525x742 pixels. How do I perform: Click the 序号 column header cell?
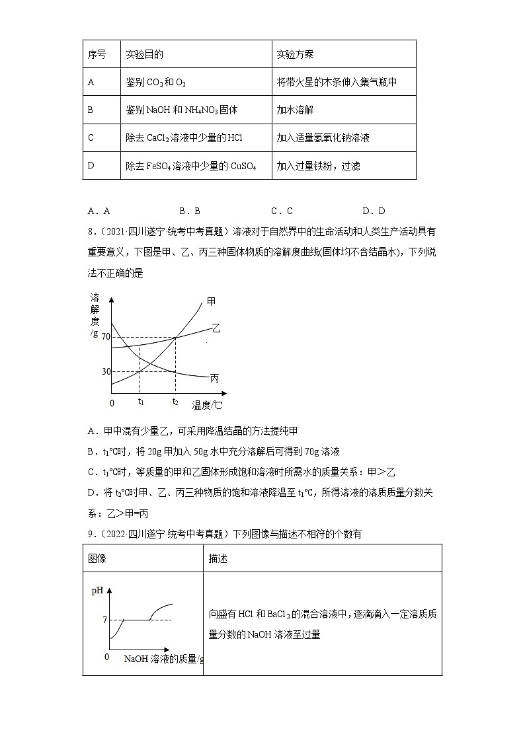97,54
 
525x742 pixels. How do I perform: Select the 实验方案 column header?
295,54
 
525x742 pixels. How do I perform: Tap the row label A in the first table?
91,83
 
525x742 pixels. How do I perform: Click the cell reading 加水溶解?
295,110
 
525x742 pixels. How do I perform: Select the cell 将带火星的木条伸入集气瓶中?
337,83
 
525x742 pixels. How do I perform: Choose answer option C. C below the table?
282,211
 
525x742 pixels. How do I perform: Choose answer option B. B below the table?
190,211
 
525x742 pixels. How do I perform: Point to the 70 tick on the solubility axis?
106,338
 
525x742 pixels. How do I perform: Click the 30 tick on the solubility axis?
106,371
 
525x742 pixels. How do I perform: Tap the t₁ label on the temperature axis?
141,401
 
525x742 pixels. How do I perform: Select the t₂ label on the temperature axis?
175,401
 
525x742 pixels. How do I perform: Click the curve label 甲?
211,301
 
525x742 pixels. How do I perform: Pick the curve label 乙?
216,328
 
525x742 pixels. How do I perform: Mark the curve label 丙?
214,379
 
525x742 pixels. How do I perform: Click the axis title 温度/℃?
207,404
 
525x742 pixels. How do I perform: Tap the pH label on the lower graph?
97,591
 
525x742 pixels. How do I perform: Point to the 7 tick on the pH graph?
104,620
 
